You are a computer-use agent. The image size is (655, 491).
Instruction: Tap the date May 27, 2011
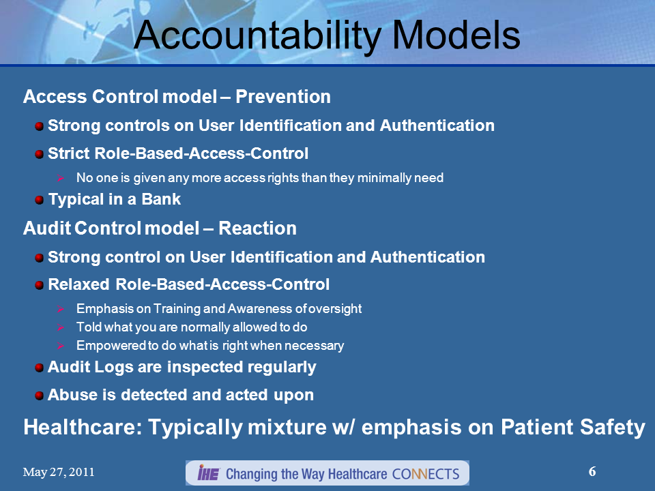[59, 473]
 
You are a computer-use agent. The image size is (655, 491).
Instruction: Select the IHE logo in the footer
[207, 473]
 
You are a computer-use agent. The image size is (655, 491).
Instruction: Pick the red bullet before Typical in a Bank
[40, 200]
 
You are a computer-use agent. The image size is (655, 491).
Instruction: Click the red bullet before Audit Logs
[40, 368]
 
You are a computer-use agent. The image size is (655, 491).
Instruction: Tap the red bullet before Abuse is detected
[40, 396]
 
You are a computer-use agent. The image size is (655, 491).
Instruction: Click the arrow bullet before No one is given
[60, 178]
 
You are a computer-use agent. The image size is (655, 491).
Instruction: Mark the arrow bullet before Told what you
[60, 327]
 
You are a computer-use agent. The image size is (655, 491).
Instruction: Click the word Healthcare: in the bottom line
[83, 428]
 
